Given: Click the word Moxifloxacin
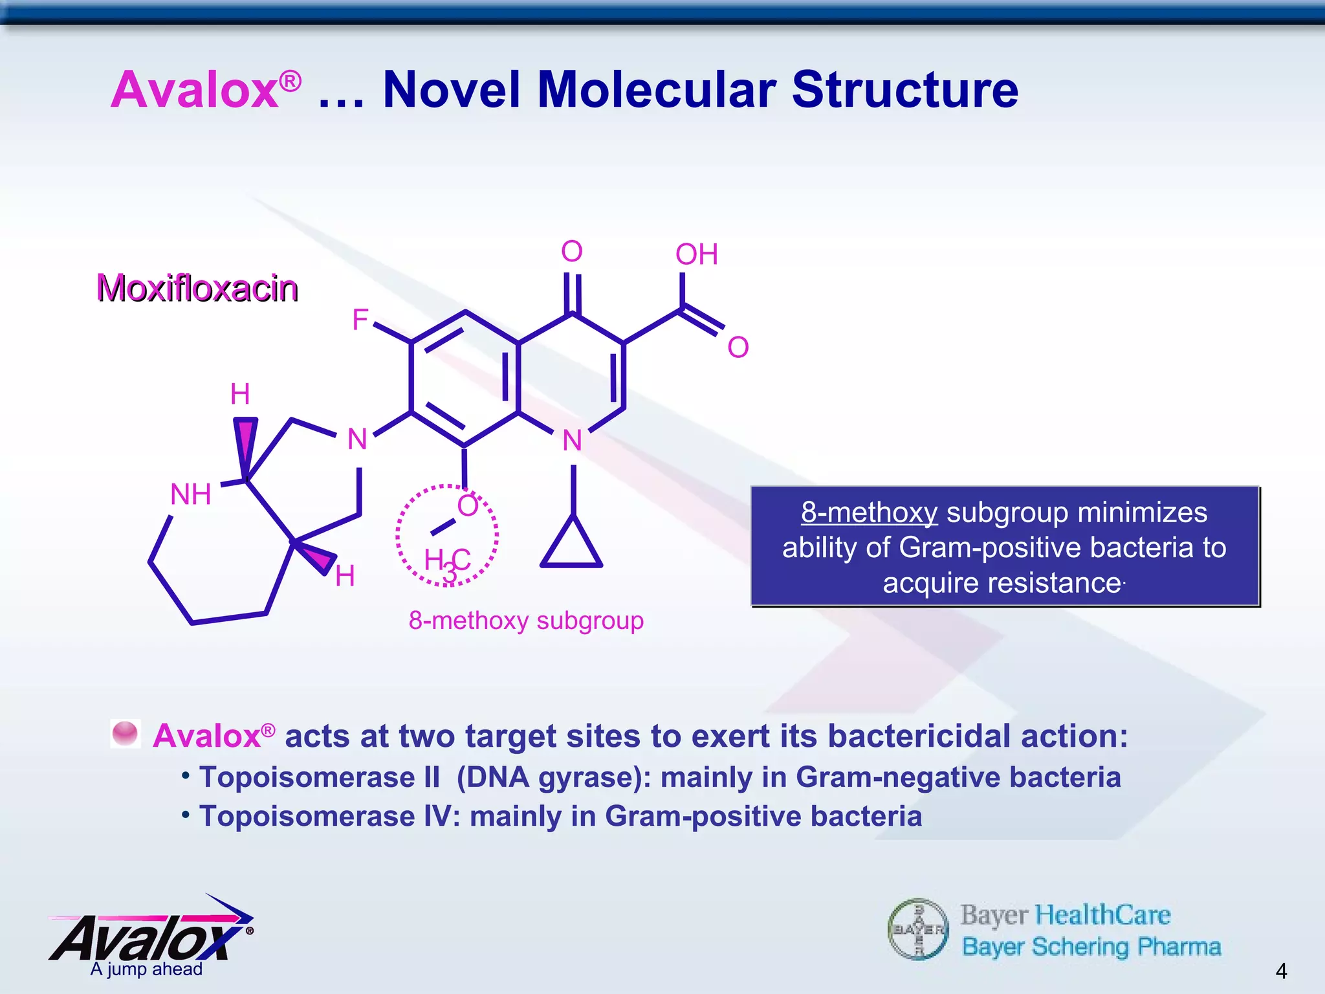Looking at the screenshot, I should pos(197,288).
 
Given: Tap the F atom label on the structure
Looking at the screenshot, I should pos(360,320).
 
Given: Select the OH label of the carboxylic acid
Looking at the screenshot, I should pos(697,254).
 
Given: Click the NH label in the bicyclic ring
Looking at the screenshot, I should pos(190,494).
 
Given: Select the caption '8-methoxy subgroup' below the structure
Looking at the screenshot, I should pos(526,621).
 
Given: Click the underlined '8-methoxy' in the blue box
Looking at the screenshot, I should pos(869,513).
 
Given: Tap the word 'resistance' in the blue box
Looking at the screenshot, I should pos(1002,583).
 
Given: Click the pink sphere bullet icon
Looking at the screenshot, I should pos(125,734).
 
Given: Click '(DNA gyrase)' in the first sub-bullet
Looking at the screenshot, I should pos(553,777).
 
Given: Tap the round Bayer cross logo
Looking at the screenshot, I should pos(918,929).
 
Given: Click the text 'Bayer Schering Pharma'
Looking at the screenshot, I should pos(1091,947).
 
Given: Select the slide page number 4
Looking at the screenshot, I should pos(1280,971).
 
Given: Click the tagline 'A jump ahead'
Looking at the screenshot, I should pos(146,969).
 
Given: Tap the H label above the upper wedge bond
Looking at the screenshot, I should pos(240,394).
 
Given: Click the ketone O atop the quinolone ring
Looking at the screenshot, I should pos(572,251).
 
